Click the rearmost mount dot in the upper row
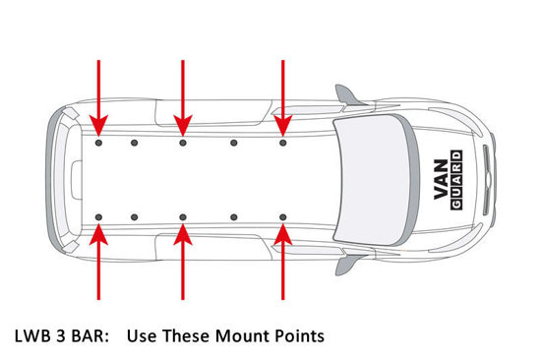pos(98,143)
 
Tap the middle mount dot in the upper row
pos(183,143)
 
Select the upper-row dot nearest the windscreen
pos(283,143)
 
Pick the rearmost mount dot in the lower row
pos(98,217)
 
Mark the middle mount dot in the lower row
pos(183,217)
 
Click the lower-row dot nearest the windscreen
pos(283,217)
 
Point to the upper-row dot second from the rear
pos(135,143)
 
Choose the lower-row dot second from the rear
pos(135,217)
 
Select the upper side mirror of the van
pos(348,95)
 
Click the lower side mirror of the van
pos(348,265)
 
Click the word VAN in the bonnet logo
pos(442,179)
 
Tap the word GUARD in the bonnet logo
pos(456,180)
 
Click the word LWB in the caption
pos(32,336)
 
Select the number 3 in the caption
pos(61,336)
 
